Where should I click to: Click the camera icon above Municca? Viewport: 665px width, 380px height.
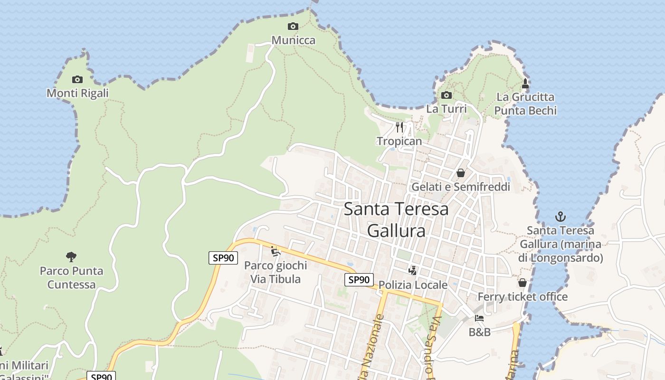click(293, 26)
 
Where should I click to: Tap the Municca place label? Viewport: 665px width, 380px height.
click(293, 40)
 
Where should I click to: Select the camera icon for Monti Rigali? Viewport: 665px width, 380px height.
click(77, 79)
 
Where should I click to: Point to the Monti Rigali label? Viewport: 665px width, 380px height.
click(77, 93)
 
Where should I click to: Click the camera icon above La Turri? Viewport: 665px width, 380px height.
click(446, 95)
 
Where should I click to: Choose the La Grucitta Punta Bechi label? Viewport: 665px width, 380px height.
click(525, 104)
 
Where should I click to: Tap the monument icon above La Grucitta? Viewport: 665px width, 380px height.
click(525, 84)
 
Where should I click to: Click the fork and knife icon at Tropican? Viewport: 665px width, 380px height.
click(399, 127)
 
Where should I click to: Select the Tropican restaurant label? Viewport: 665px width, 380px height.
click(399, 141)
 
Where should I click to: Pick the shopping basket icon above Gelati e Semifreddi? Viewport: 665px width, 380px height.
click(460, 173)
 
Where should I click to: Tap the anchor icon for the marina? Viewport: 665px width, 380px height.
click(560, 217)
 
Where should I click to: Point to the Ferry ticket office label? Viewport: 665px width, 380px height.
click(522, 297)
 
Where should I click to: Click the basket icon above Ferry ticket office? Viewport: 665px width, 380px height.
click(522, 283)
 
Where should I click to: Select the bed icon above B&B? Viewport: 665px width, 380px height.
click(479, 318)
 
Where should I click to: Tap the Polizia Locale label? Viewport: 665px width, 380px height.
click(413, 285)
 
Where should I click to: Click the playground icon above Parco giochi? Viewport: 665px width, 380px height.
click(275, 251)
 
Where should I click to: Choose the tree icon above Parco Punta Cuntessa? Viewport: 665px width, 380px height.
click(71, 257)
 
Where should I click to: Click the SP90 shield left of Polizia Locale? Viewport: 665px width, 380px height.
click(359, 280)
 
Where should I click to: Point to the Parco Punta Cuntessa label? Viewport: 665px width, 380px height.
click(71, 278)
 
